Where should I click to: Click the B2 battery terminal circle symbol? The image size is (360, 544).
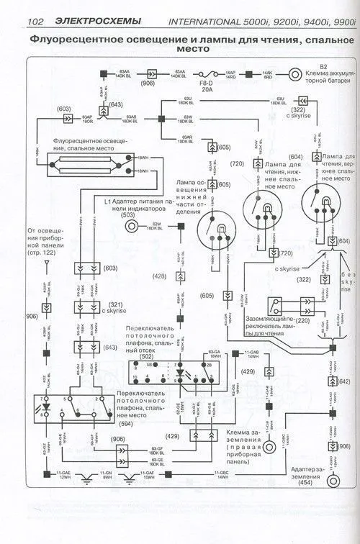pos(294,73)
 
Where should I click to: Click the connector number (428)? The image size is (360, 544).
pos(158,276)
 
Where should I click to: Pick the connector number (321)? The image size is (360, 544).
pos(107,304)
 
